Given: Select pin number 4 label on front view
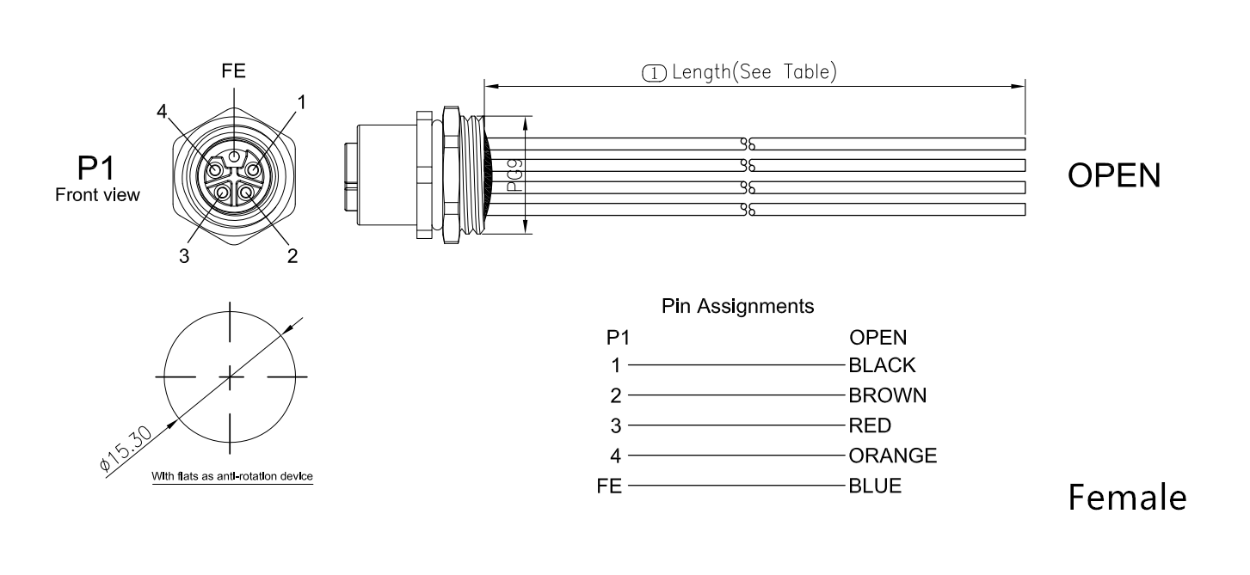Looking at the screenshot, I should click(162, 112).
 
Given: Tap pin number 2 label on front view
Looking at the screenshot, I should click(293, 256).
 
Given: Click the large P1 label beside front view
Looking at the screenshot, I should click(95, 167).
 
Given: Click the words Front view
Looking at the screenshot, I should click(96, 195).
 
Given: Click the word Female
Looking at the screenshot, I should click(1127, 498).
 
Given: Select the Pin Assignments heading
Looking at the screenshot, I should click(737, 305).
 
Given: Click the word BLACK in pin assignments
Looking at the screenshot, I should click(882, 366).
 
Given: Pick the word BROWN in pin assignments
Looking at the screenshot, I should click(887, 395).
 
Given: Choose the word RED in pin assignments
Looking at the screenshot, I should click(870, 425).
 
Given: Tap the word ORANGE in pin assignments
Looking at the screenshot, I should click(892, 456).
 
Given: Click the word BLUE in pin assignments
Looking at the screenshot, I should click(875, 486).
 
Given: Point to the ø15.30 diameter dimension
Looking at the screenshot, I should click(126, 448).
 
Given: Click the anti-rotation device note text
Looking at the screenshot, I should click(231, 476).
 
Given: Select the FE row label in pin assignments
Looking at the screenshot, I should click(610, 486).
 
